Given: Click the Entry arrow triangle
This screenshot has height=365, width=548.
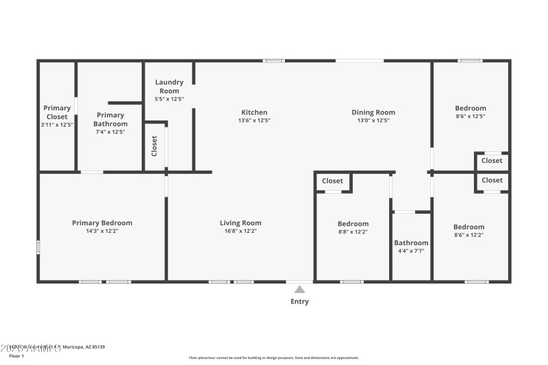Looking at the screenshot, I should (x=299, y=290).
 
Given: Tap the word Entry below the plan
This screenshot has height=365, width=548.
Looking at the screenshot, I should (x=299, y=301).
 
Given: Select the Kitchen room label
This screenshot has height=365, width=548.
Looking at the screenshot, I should (x=254, y=112).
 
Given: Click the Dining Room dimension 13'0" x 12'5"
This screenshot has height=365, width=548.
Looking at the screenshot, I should (x=373, y=121).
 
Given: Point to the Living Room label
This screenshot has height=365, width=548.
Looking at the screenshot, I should (x=240, y=223).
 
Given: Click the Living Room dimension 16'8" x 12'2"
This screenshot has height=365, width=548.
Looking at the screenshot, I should (x=240, y=231).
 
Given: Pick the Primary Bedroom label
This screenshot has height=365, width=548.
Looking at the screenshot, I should (x=102, y=223).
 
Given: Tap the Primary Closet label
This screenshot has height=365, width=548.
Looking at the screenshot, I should (x=57, y=112).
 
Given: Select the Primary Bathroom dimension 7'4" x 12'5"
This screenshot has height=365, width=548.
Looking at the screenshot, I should (x=110, y=131).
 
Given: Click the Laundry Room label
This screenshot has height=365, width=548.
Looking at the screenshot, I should (x=169, y=86).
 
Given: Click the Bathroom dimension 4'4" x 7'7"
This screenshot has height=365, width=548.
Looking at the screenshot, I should (x=411, y=251).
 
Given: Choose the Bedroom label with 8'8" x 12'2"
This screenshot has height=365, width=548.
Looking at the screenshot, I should (x=353, y=224).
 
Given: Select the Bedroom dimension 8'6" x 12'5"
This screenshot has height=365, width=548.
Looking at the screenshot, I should (x=471, y=116).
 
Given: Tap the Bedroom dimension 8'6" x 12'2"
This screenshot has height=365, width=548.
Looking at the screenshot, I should (x=469, y=235).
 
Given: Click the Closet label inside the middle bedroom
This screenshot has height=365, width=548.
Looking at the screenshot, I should (x=332, y=181).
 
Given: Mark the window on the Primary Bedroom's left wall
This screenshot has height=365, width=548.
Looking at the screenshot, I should (x=38, y=247).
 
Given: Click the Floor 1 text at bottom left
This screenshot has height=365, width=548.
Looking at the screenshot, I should (x=16, y=356).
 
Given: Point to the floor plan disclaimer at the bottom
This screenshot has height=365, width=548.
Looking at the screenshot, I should (x=273, y=357).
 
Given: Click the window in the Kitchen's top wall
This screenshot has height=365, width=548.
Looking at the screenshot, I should (x=274, y=61).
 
